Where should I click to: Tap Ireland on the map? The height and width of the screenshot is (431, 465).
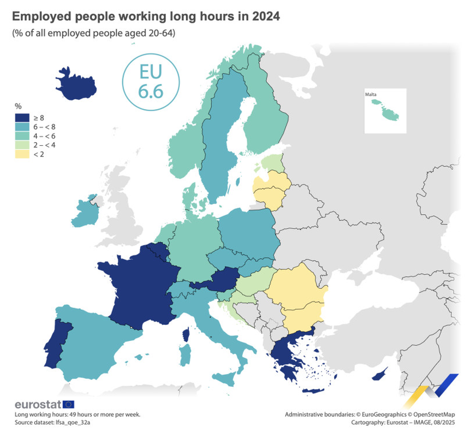click(82, 212)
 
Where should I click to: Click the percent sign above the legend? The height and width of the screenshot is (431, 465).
click(18, 107)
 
